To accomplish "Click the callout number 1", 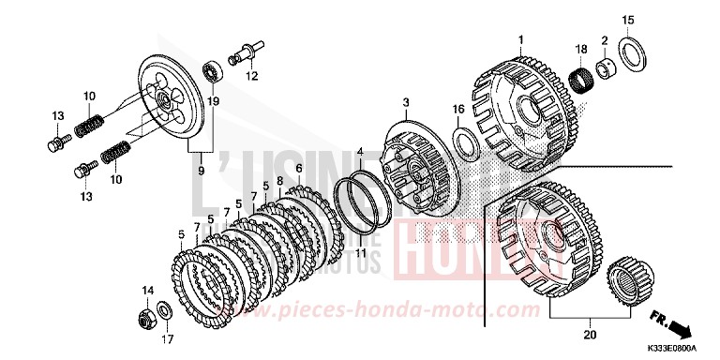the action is [x=518, y=39].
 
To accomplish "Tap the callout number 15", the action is [x=628, y=20].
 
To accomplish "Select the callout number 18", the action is [x=581, y=48].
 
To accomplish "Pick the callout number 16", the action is [x=458, y=110].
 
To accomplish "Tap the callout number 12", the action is [x=250, y=78].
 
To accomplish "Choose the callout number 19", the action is [x=213, y=100].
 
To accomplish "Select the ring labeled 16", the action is [x=464, y=142].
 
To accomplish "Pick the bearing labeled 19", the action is [x=213, y=71].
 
